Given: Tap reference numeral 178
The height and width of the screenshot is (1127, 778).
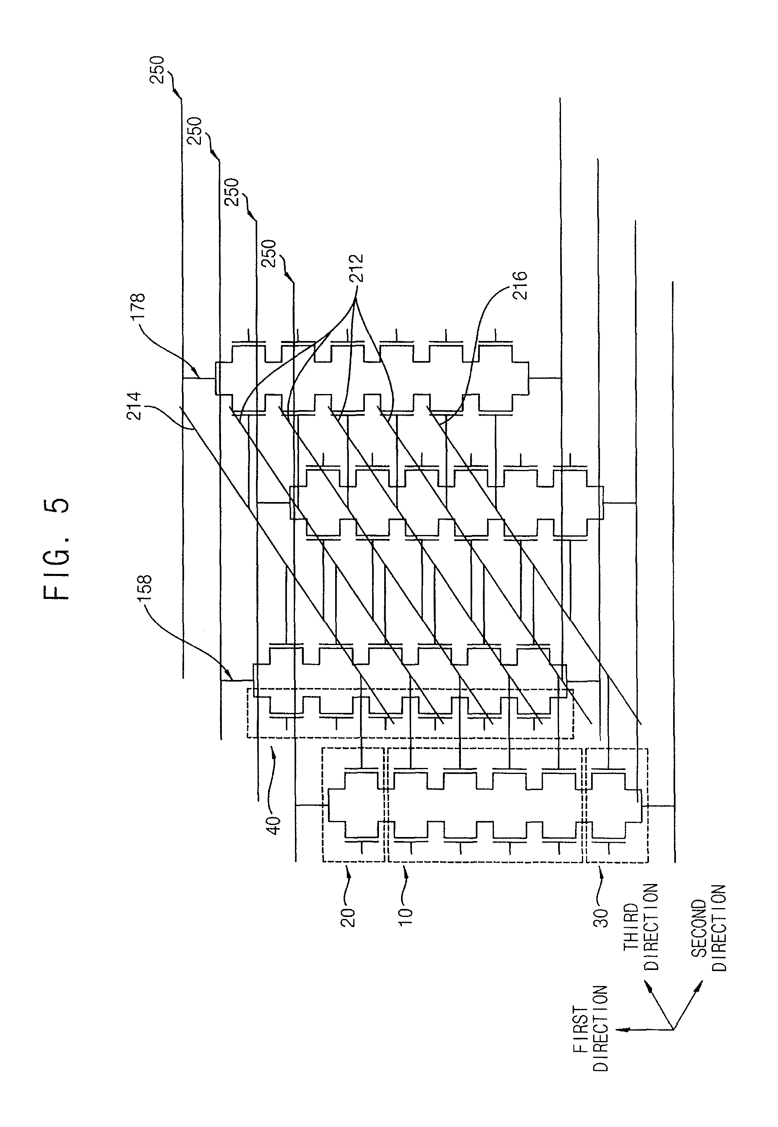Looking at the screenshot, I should tap(138, 305).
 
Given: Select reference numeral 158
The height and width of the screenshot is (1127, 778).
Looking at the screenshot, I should tap(145, 590).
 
